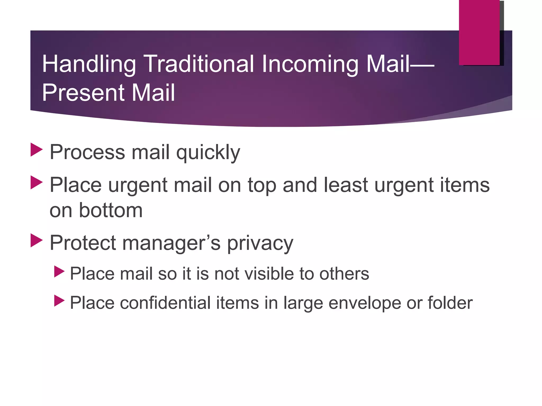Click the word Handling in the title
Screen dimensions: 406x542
pos(89,64)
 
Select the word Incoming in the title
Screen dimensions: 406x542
pos(310,64)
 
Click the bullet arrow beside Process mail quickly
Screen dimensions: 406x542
pos(36,150)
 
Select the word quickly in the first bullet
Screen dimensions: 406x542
pos(208,153)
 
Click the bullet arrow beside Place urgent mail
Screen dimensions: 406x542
pos(36,182)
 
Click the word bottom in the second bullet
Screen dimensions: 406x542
pos(111,210)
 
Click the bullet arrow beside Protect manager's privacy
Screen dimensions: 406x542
pos(36,240)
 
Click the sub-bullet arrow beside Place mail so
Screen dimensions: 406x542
pos(59,271)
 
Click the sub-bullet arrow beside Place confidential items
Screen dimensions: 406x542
pos(59,301)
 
